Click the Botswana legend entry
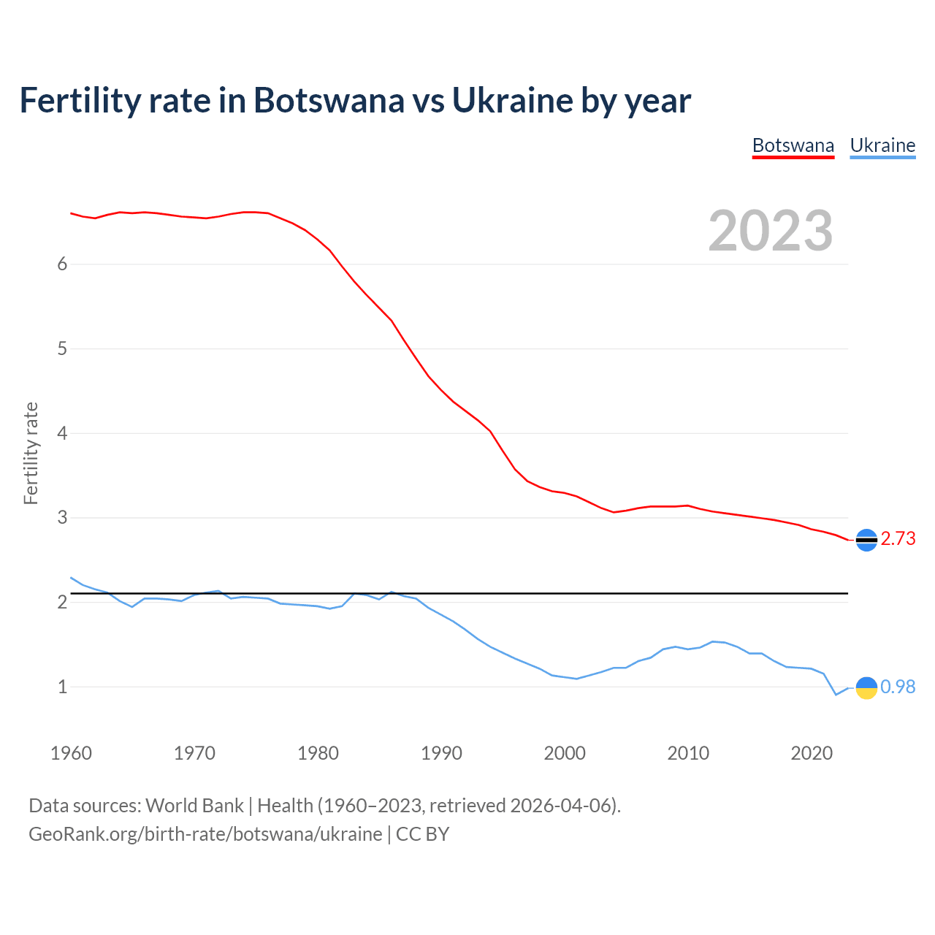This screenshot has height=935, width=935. click(x=793, y=145)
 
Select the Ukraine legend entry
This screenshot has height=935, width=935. click(x=882, y=145)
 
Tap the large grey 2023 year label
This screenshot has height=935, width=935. click(x=770, y=231)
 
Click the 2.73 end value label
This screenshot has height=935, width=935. click(x=898, y=539)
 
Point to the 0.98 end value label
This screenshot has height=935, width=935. click(x=898, y=687)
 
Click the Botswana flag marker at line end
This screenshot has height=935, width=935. click(x=866, y=540)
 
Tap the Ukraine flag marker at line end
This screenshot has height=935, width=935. click(x=866, y=687)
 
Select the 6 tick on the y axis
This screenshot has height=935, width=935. click(x=62, y=264)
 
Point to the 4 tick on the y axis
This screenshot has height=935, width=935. click(x=62, y=434)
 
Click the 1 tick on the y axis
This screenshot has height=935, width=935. click(x=62, y=687)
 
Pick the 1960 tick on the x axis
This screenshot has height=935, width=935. click(x=71, y=753)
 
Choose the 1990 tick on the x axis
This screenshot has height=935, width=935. click(x=441, y=753)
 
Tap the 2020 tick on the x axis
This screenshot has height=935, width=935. click(x=812, y=753)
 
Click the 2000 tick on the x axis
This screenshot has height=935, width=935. click(x=565, y=753)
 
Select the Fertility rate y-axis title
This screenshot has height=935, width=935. click(x=31, y=453)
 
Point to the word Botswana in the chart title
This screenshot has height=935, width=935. click(x=328, y=100)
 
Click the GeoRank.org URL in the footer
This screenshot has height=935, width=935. click(x=205, y=834)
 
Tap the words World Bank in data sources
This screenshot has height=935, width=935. click(x=194, y=806)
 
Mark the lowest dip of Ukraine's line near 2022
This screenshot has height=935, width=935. click(x=836, y=695)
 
